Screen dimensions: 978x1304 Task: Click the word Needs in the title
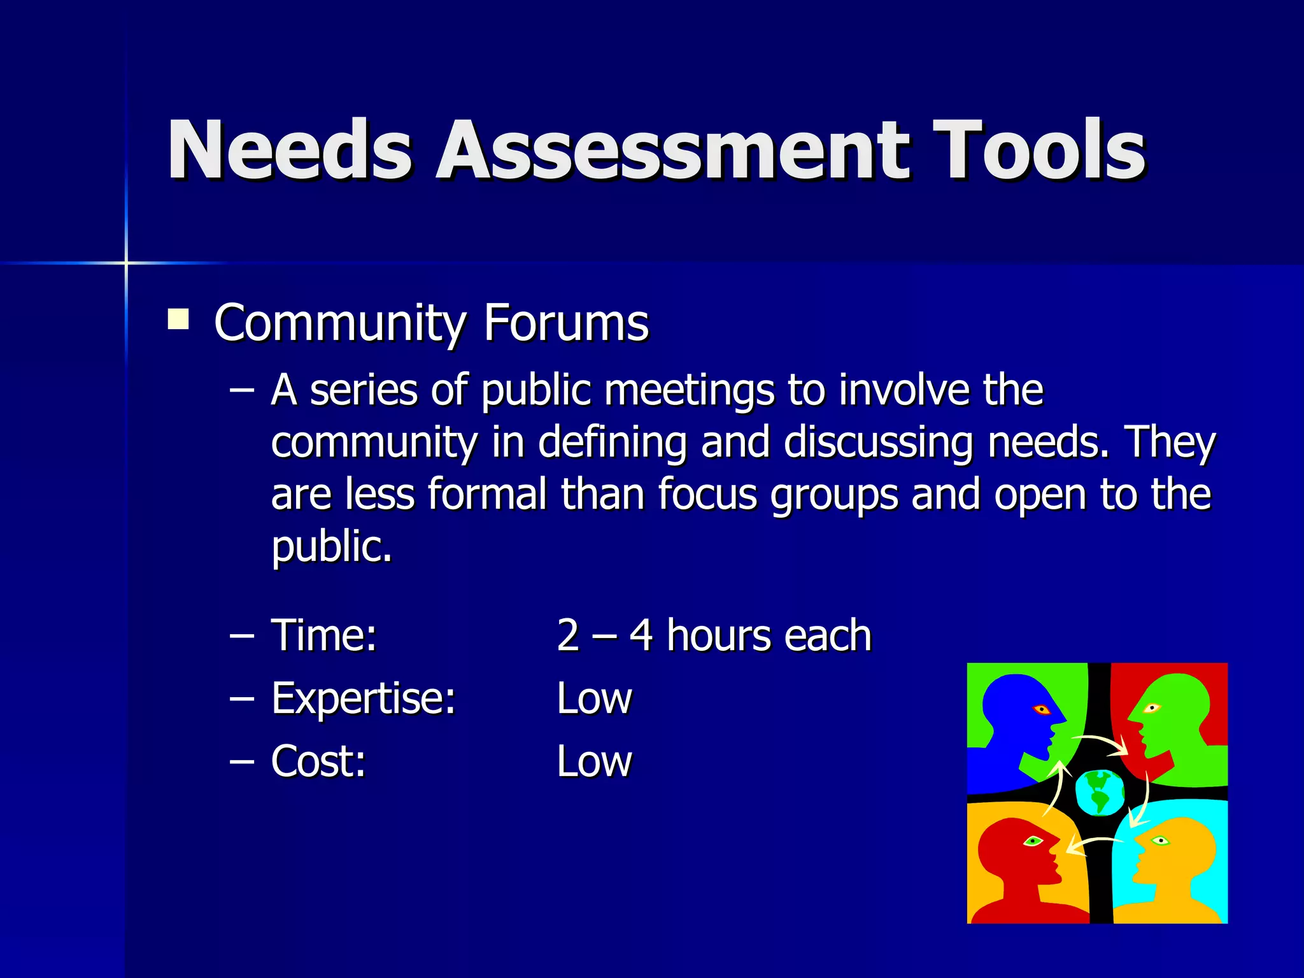tap(290, 150)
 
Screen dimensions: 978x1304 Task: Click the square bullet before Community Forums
tap(178, 319)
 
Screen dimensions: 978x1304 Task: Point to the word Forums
tap(566, 323)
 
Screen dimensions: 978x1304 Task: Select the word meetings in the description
tap(690, 391)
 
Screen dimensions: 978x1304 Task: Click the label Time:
tap(324, 635)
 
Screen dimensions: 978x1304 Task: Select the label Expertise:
tap(364, 698)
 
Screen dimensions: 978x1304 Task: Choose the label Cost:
tap(318, 762)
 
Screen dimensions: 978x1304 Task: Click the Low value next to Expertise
tap(594, 698)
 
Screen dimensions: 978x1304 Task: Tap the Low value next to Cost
tap(594, 762)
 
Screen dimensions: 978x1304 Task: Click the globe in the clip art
tap(1099, 792)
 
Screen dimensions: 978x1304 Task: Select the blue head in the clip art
tap(1019, 713)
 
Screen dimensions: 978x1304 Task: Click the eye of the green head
tap(1152, 708)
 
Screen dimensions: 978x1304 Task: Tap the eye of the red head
tap(1033, 841)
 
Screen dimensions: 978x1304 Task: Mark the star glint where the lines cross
tap(126, 262)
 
